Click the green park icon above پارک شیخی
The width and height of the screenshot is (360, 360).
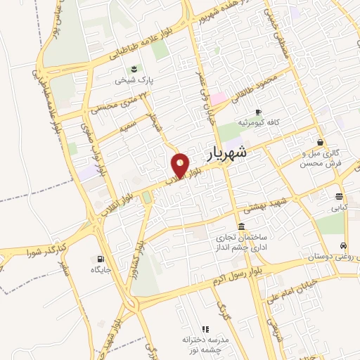tap(134, 68)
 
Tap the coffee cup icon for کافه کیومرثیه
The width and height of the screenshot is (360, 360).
tap(258, 112)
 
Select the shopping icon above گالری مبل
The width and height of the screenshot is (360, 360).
tap(321, 142)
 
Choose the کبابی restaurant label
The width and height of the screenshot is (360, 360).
tap(340, 208)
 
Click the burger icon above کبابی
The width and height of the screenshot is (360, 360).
tap(340, 196)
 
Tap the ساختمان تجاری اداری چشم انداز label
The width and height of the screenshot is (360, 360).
tap(242, 243)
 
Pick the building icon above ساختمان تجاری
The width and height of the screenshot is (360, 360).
tap(242, 226)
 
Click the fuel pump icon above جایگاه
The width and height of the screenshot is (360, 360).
tap(100, 259)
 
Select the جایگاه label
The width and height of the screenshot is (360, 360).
tap(100, 270)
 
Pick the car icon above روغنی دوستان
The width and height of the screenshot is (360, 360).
tap(342, 246)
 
